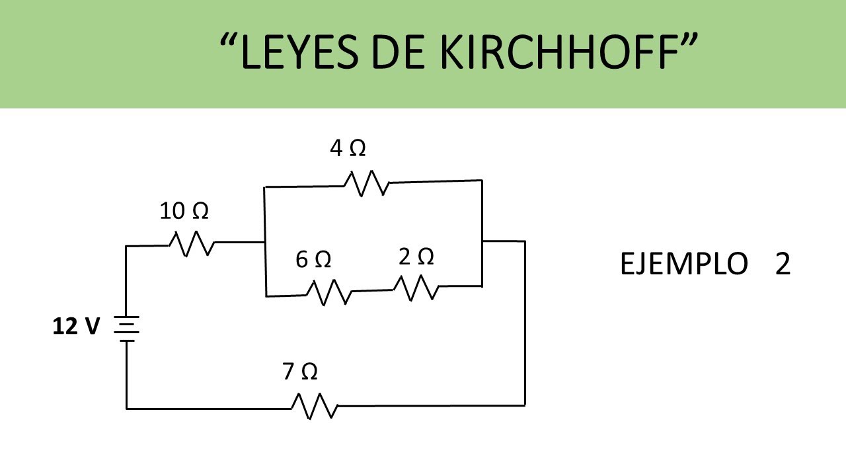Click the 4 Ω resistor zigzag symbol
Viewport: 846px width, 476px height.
365,182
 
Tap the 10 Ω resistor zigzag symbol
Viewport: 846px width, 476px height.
192,243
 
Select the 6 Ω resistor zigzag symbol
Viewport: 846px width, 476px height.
328,292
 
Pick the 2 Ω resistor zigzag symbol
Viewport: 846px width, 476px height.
416,287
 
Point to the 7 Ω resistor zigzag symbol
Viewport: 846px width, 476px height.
315,405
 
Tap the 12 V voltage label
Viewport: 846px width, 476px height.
76,327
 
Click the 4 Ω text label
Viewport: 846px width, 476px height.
348,149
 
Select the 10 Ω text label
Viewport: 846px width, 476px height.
184,212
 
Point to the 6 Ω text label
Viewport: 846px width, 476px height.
313,260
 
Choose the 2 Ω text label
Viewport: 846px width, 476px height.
416,257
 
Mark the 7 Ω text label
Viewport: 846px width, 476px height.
299,372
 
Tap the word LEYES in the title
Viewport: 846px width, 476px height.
301,53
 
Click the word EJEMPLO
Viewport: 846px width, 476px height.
683,264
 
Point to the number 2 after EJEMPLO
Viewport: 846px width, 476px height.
783,264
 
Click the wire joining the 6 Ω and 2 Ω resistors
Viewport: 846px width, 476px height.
372,290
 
